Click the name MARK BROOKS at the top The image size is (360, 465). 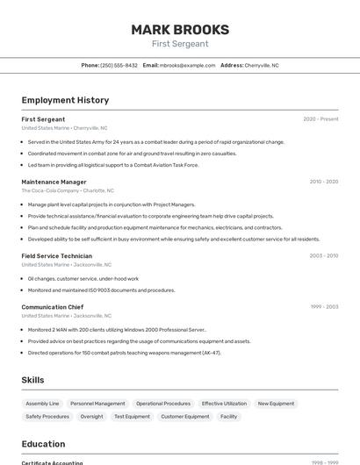[x=180, y=30]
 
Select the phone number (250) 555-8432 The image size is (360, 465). [x=119, y=65]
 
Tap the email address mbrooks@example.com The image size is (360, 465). [x=188, y=65]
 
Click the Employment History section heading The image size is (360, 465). [x=65, y=100]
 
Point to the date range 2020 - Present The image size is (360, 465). [x=320, y=119]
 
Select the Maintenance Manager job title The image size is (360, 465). [x=54, y=182]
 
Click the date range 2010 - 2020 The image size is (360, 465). [x=323, y=182]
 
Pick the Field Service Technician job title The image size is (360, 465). [x=56, y=256]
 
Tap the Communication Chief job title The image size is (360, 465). [x=52, y=307]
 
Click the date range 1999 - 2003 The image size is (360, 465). [x=323, y=307]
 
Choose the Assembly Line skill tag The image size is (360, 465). [x=42, y=404]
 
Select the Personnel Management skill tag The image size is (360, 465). [x=97, y=404]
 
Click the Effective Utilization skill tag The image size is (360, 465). [x=224, y=404]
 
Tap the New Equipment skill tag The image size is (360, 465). [x=276, y=404]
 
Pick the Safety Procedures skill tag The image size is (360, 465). [x=47, y=417]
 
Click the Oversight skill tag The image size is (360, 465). [x=91, y=417]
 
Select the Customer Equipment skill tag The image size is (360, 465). [x=184, y=417]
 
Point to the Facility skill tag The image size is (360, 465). [x=228, y=417]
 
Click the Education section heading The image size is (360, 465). [x=43, y=444]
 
